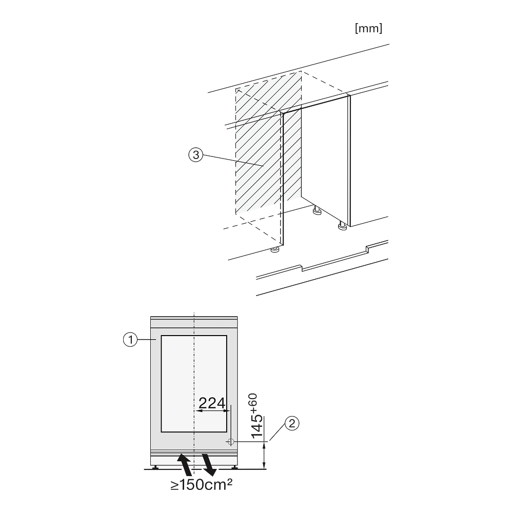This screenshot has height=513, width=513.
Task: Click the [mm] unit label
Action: click(x=368, y=28)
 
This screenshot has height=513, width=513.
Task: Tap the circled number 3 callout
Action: click(x=196, y=155)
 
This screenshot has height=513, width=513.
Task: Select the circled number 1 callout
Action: click(x=130, y=340)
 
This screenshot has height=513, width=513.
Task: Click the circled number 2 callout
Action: click(x=292, y=424)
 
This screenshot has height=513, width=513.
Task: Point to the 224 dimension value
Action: click(x=212, y=403)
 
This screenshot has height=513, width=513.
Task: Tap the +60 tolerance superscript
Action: click(x=253, y=403)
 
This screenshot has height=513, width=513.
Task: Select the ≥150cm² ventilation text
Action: click(x=201, y=485)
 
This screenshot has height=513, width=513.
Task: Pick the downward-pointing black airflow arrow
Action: click(x=209, y=465)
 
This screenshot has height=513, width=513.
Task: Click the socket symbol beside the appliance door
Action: click(x=230, y=442)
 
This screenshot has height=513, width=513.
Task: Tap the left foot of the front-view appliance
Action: click(x=155, y=467)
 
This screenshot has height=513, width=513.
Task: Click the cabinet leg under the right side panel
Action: click(x=342, y=226)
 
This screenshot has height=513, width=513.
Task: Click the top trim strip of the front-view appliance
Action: click(x=194, y=318)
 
